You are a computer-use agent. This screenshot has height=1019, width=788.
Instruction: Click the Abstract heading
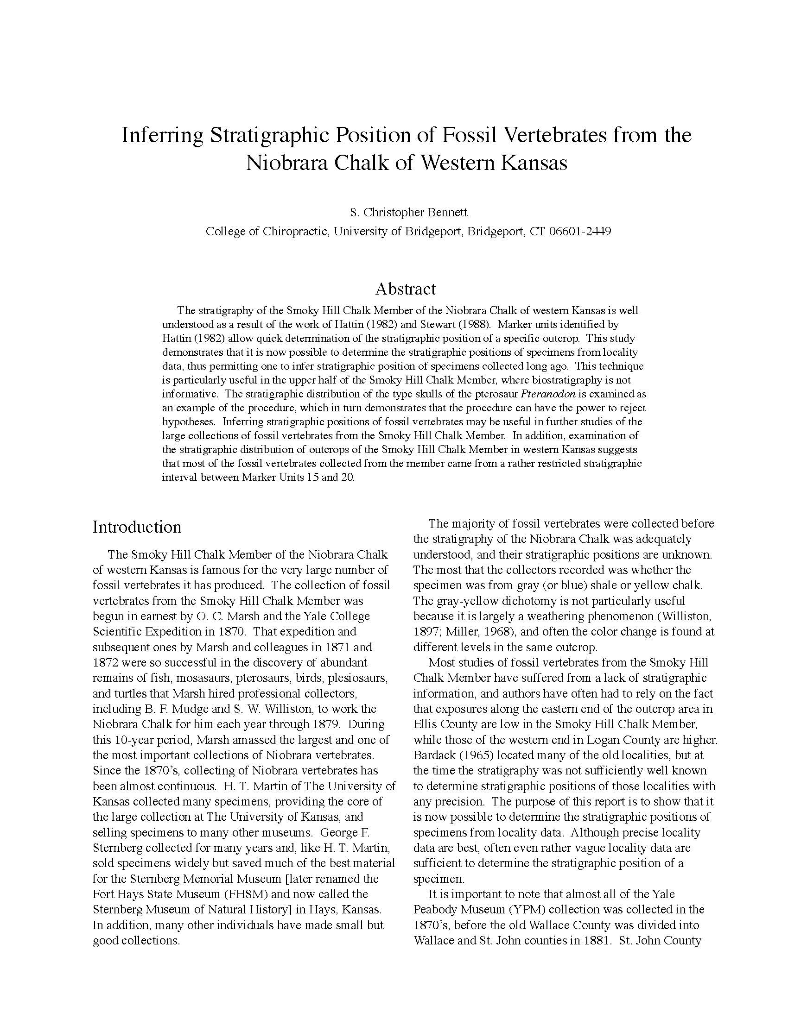point(405,289)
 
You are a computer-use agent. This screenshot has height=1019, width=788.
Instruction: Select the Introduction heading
point(137,527)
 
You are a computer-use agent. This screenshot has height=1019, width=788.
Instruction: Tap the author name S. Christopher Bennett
point(408,213)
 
